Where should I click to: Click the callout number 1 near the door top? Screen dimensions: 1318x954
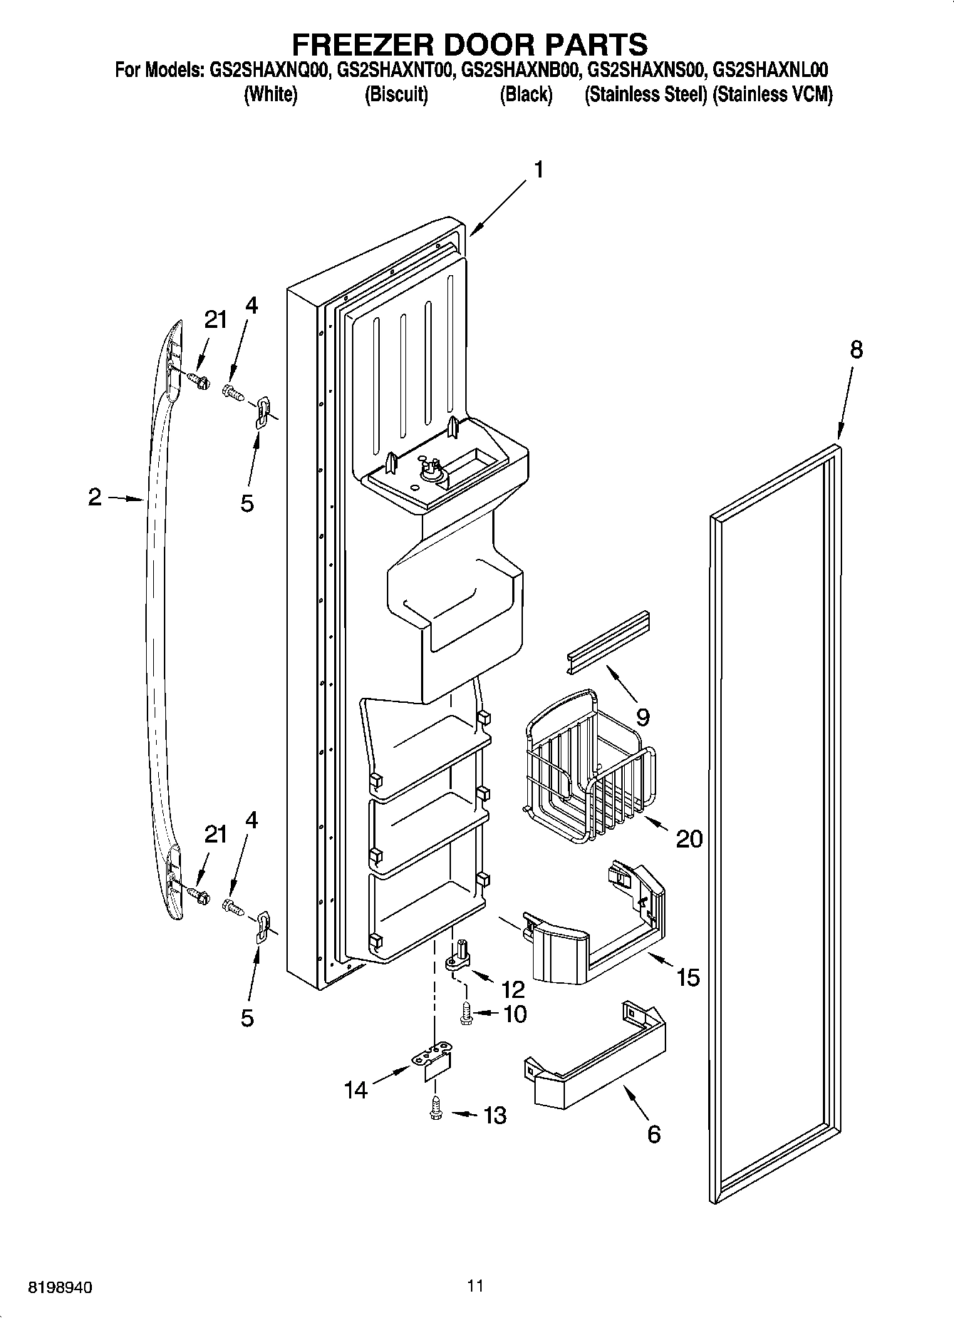point(539,170)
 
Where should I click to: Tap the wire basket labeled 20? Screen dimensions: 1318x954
point(589,763)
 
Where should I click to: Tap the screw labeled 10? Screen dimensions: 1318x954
point(467,1014)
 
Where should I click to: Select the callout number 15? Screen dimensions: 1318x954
point(688,977)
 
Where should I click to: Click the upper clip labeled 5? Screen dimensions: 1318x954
point(261,412)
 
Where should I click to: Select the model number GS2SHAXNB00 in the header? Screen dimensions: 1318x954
point(519,70)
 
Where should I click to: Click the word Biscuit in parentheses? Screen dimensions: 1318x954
point(396,95)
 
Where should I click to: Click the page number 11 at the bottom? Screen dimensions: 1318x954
point(476,1285)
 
